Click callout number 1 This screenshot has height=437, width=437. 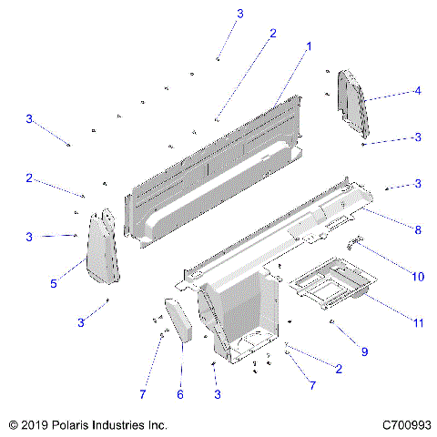pyautogui.click(x=309, y=46)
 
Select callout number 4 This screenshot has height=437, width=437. pyautogui.click(x=417, y=90)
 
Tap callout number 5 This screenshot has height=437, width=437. pyautogui.click(x=53, y=284)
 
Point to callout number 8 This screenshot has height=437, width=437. pyautogui.click(x=418, y=230)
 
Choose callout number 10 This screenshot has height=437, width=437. pyautogui.click(x=418, y=276)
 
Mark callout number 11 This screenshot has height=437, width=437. pyautogui.click(x=418, y=322)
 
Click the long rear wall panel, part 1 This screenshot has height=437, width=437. pyautogui.click(x=218, y=164)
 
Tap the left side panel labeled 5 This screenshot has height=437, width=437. pyautogui.click(x=106, y=248)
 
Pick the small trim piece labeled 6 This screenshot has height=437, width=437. pyautogui.click(x=178, y=320)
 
